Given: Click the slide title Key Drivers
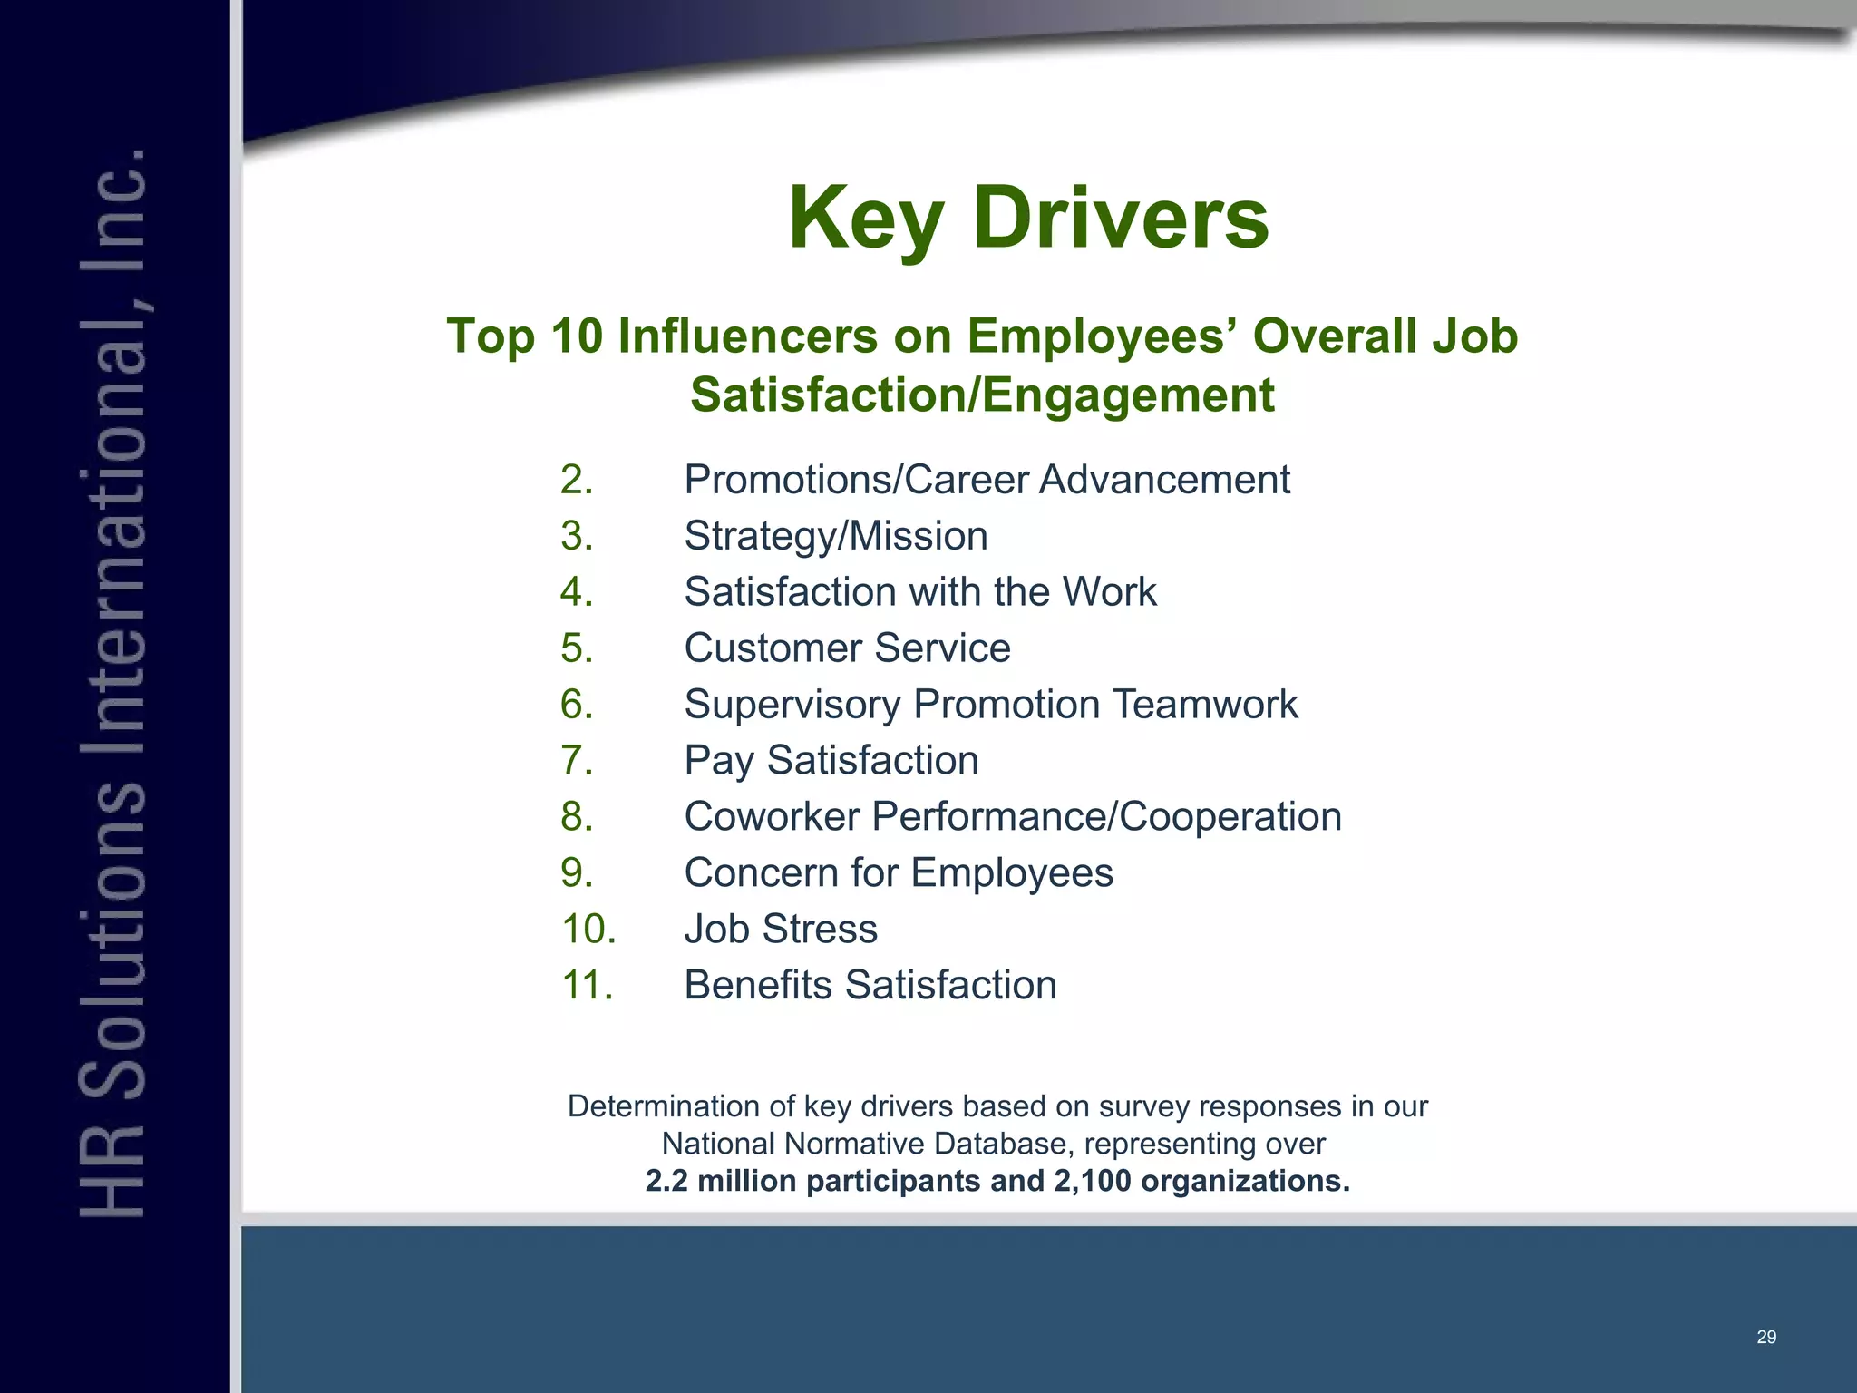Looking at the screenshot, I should (1028, 218).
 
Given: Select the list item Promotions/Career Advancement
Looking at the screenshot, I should (987, 480).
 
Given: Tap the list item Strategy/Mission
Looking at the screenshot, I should (835, 536).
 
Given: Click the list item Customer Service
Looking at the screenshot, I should (847, 648).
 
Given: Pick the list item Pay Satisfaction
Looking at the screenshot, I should (831, 760).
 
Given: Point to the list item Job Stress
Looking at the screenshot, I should (781, 929).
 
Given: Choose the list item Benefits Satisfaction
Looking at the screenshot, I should (870, 985).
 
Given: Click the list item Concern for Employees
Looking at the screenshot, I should (899, 872).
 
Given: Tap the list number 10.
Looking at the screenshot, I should (588, 929).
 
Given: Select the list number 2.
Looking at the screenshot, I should (577, 480).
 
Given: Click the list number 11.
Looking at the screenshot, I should (588, 985).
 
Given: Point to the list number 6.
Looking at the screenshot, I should (577, 705).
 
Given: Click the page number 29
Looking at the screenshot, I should (1766, 1337).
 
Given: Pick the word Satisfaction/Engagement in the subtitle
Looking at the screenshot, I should (982, 395).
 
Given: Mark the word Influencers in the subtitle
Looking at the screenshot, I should (747, 336).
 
